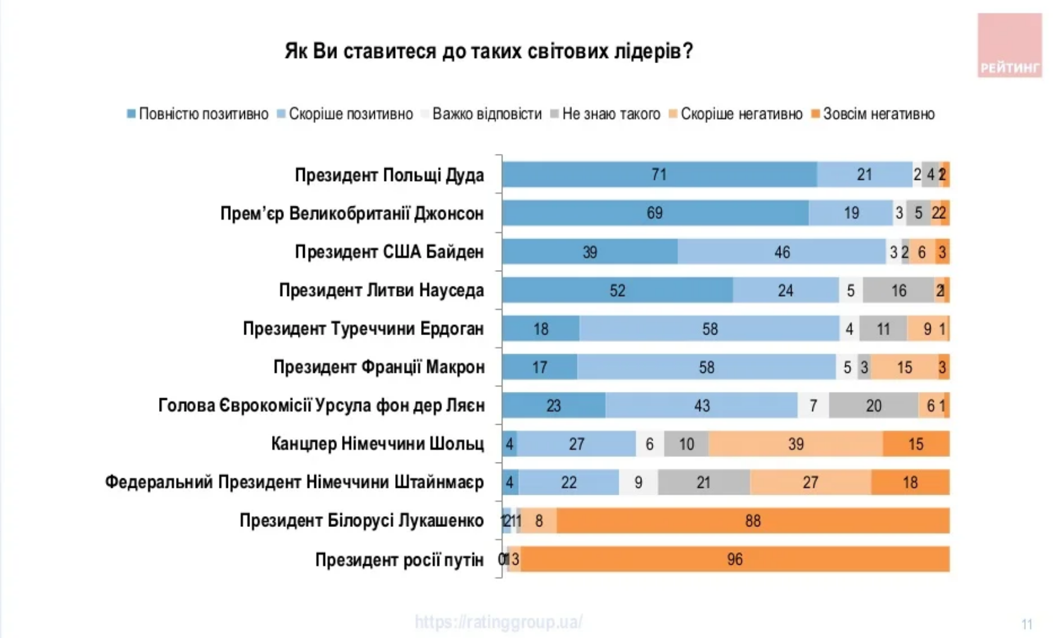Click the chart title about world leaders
click(x=489, y=50)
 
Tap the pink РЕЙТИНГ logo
click(x=1009, y=46)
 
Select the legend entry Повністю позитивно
click(x=198, y=114)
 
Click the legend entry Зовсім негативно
click(x=873, y=114)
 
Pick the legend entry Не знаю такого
click(x=605, y=114)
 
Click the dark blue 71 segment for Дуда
click(x=659, y=175)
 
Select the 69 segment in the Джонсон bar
click(x=655, y=213)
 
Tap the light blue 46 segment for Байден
click(x=782, y=252)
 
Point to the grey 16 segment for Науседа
click(x=898, y=290)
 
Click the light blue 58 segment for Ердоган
click(x=710, y=329)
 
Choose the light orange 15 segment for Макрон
click(x=904, y=367)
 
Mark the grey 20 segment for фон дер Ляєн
click(x=874, y=406)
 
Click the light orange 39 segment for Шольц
click(x=795, y=444)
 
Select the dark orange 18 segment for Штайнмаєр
click(x=910, y=483)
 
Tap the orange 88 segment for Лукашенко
click(x=752, y=521)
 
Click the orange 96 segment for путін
click(x=734, y=560)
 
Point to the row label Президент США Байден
click(x=389, y=252)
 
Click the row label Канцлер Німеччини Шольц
click(x=377, y=444)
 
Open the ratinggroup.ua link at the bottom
click(x=499, y=622)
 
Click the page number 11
click(x=1026, y=624)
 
